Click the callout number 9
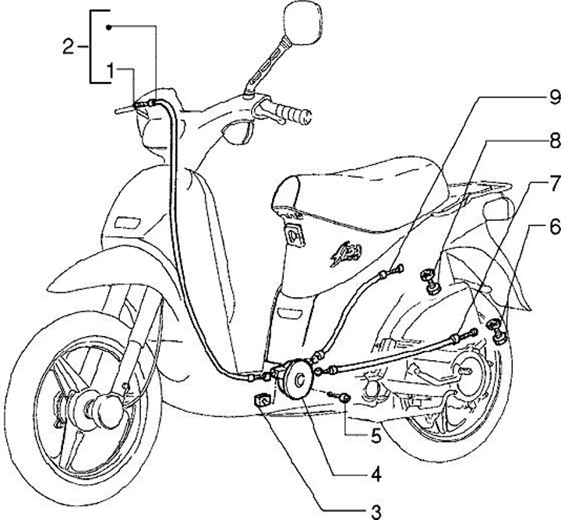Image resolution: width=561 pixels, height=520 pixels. tap(554, 97)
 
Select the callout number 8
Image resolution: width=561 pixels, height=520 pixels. tap(555, 141)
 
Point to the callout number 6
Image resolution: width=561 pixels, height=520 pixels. tap(555, 227)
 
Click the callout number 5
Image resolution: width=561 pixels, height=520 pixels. tap(376, 436)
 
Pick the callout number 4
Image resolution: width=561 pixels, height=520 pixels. tap(376, 475)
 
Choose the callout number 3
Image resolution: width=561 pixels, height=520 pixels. tap(376, 511)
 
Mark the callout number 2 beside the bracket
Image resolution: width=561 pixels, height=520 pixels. tap(68, 47)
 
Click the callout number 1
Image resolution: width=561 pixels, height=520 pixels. tap(111, 71)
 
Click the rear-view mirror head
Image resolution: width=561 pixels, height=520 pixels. tap(303, 23)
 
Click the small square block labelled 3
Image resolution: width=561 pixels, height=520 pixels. tap(262, 400)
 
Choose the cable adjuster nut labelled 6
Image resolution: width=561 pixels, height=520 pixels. tap(497, 332)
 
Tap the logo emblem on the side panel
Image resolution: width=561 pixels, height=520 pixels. tap(346, 253)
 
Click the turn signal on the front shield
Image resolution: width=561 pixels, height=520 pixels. tap(127, 222)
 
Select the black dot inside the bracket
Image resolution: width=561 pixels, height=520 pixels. tap(109, 27)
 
